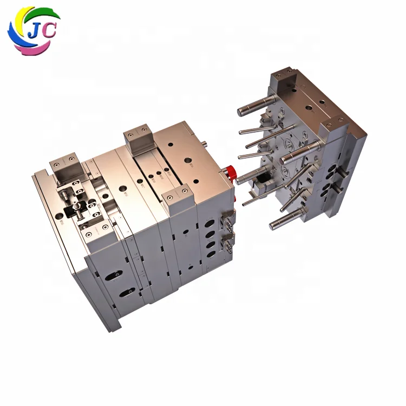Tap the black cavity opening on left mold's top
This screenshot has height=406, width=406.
coord(72,208)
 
